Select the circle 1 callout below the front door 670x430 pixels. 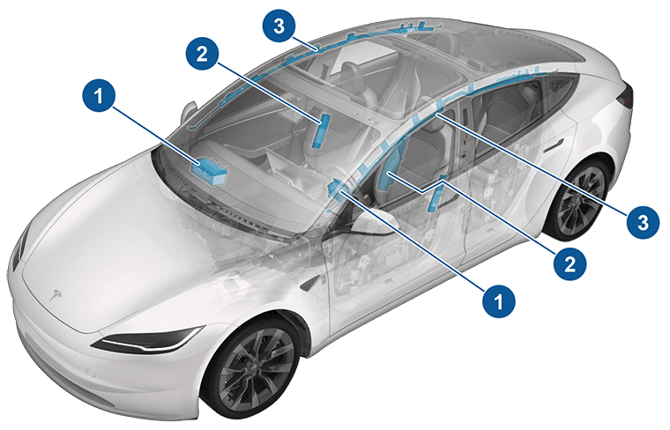click(500, 300)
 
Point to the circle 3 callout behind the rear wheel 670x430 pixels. click(641, 219)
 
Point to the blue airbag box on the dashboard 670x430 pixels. click(211, 168)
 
